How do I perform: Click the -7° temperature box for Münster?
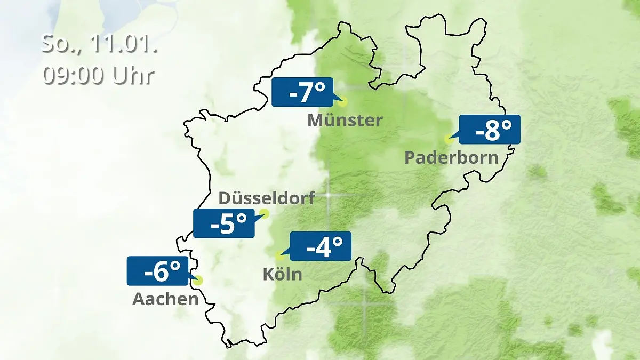(302, 92)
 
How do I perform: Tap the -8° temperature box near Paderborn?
(489, 130)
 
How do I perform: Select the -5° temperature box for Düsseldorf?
(224, 223)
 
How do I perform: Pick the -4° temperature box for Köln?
(320, 246)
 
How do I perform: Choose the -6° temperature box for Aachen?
(158, 271)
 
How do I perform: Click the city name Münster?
(345, 120)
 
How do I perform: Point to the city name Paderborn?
(452, 157)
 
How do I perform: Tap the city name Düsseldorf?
(267, 198)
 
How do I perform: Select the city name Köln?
(282, 274)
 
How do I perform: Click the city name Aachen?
(165, 299)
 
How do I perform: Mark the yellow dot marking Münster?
(342, 101)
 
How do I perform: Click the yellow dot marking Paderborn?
(449, 139)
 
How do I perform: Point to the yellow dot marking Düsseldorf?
(263, 214)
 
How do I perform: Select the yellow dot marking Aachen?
(199, 280)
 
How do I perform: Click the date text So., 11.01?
(99, 44)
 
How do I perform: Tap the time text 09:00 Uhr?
(99, 75)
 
